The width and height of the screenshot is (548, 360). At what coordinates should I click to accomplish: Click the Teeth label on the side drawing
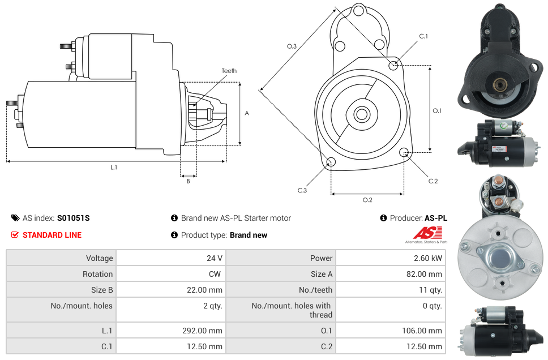click(x=229, y=71)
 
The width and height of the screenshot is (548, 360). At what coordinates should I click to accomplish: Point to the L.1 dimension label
click(x=114, y=168)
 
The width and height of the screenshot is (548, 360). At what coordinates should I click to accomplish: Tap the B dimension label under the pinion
click(x=188, y=181)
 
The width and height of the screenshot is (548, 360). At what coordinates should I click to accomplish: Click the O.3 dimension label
click(x=292, y=46)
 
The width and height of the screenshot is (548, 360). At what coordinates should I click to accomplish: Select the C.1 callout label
click(x=423, y=36)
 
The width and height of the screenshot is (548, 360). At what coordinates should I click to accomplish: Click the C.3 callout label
click(x=302, y=191)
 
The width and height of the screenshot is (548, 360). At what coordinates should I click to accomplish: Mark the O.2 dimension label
click(x=367, y=200)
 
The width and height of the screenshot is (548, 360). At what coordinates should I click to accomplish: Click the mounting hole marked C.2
click(x=404, y=152)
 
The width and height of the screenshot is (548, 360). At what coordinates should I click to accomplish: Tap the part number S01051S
click(x=74, y=218)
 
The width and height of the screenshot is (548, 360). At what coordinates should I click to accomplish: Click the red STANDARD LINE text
click(x=52, y=235)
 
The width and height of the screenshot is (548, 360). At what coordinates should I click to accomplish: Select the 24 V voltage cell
click(x=215, y=258)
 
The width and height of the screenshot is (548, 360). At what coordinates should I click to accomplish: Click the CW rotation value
click(x=215, y=274)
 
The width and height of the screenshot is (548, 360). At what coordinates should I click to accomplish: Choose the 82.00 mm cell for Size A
click(x=424, y=274)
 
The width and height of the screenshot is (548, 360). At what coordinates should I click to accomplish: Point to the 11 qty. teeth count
click(x=431, y=290)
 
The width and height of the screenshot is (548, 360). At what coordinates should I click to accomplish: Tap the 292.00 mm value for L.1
click(x=202, y=331)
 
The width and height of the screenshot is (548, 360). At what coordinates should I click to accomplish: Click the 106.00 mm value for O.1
click(x=422, y=331)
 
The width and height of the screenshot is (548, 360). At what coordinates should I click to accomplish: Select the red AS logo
click(x=428, y=233)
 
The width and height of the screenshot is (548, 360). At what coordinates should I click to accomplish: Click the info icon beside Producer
click(x=383, y=218)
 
